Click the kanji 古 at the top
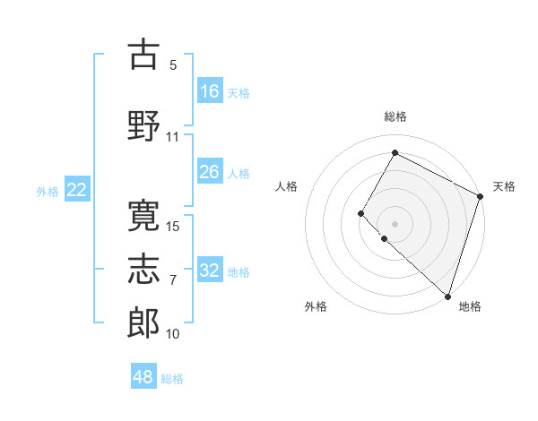click(144, 55)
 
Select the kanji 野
click(144, 125)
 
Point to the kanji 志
click(144, 268)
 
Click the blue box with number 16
click(210, 91)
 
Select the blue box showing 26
click(210, 172)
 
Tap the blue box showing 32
click(210, 271)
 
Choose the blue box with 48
click(143, 377)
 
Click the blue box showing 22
click(77, 190)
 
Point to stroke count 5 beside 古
click(173, 65)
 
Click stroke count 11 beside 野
click(173, 137)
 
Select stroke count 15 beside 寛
click(173, 226)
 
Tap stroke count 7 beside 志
click(173, 280)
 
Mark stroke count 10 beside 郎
click(173, 334)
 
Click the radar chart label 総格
click(395, 116)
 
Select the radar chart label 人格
click(287, 186)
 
